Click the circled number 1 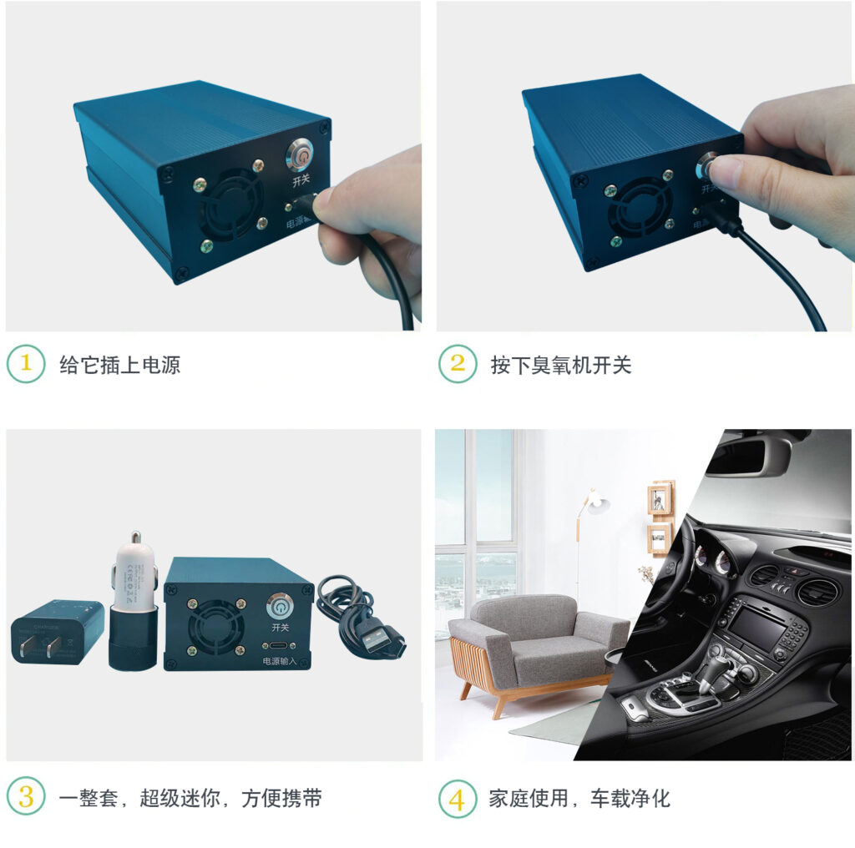pos(26,364)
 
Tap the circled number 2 pos(458,364)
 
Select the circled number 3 pos(26,797)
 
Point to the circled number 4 pos(458,799)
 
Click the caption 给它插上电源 pos(119,365)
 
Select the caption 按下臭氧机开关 pos(561,365)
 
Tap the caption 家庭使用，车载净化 pos(579,799)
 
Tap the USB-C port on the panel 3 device pos(279,645)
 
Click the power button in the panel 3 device pos(279,605)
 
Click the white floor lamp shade pos(596,503)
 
